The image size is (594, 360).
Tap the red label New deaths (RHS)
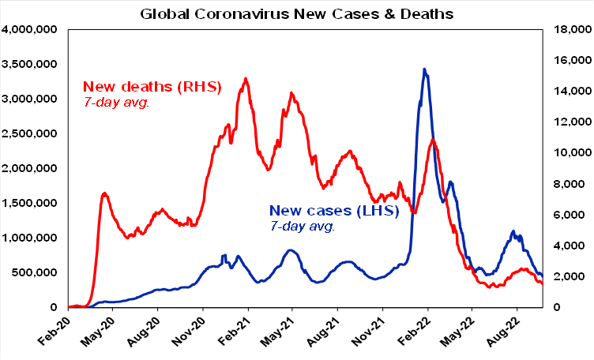pos(152,86)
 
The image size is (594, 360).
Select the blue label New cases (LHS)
pos(334,211)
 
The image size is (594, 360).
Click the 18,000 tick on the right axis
pos(570,30)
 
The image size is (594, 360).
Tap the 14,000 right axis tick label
pos(570,92)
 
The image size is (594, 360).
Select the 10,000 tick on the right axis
pos(570,153)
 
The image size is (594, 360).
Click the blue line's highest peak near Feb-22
pos(425,69)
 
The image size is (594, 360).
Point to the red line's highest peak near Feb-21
pos(246,78)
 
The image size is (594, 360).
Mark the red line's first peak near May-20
pos(105,193)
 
